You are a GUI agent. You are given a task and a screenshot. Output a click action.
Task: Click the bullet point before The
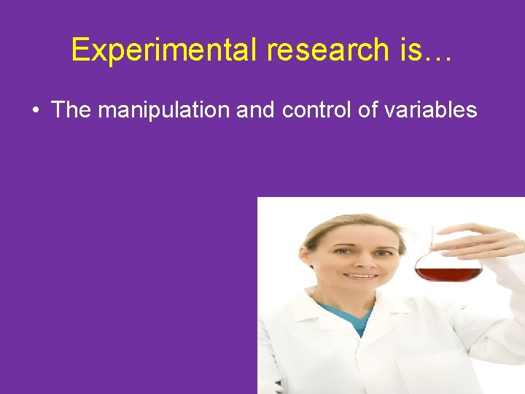click(x=35, y=111)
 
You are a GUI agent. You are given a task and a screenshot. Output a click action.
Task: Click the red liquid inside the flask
click(x=448, y=274)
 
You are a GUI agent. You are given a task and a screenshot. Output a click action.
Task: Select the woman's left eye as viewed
click(x=343, y=252)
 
